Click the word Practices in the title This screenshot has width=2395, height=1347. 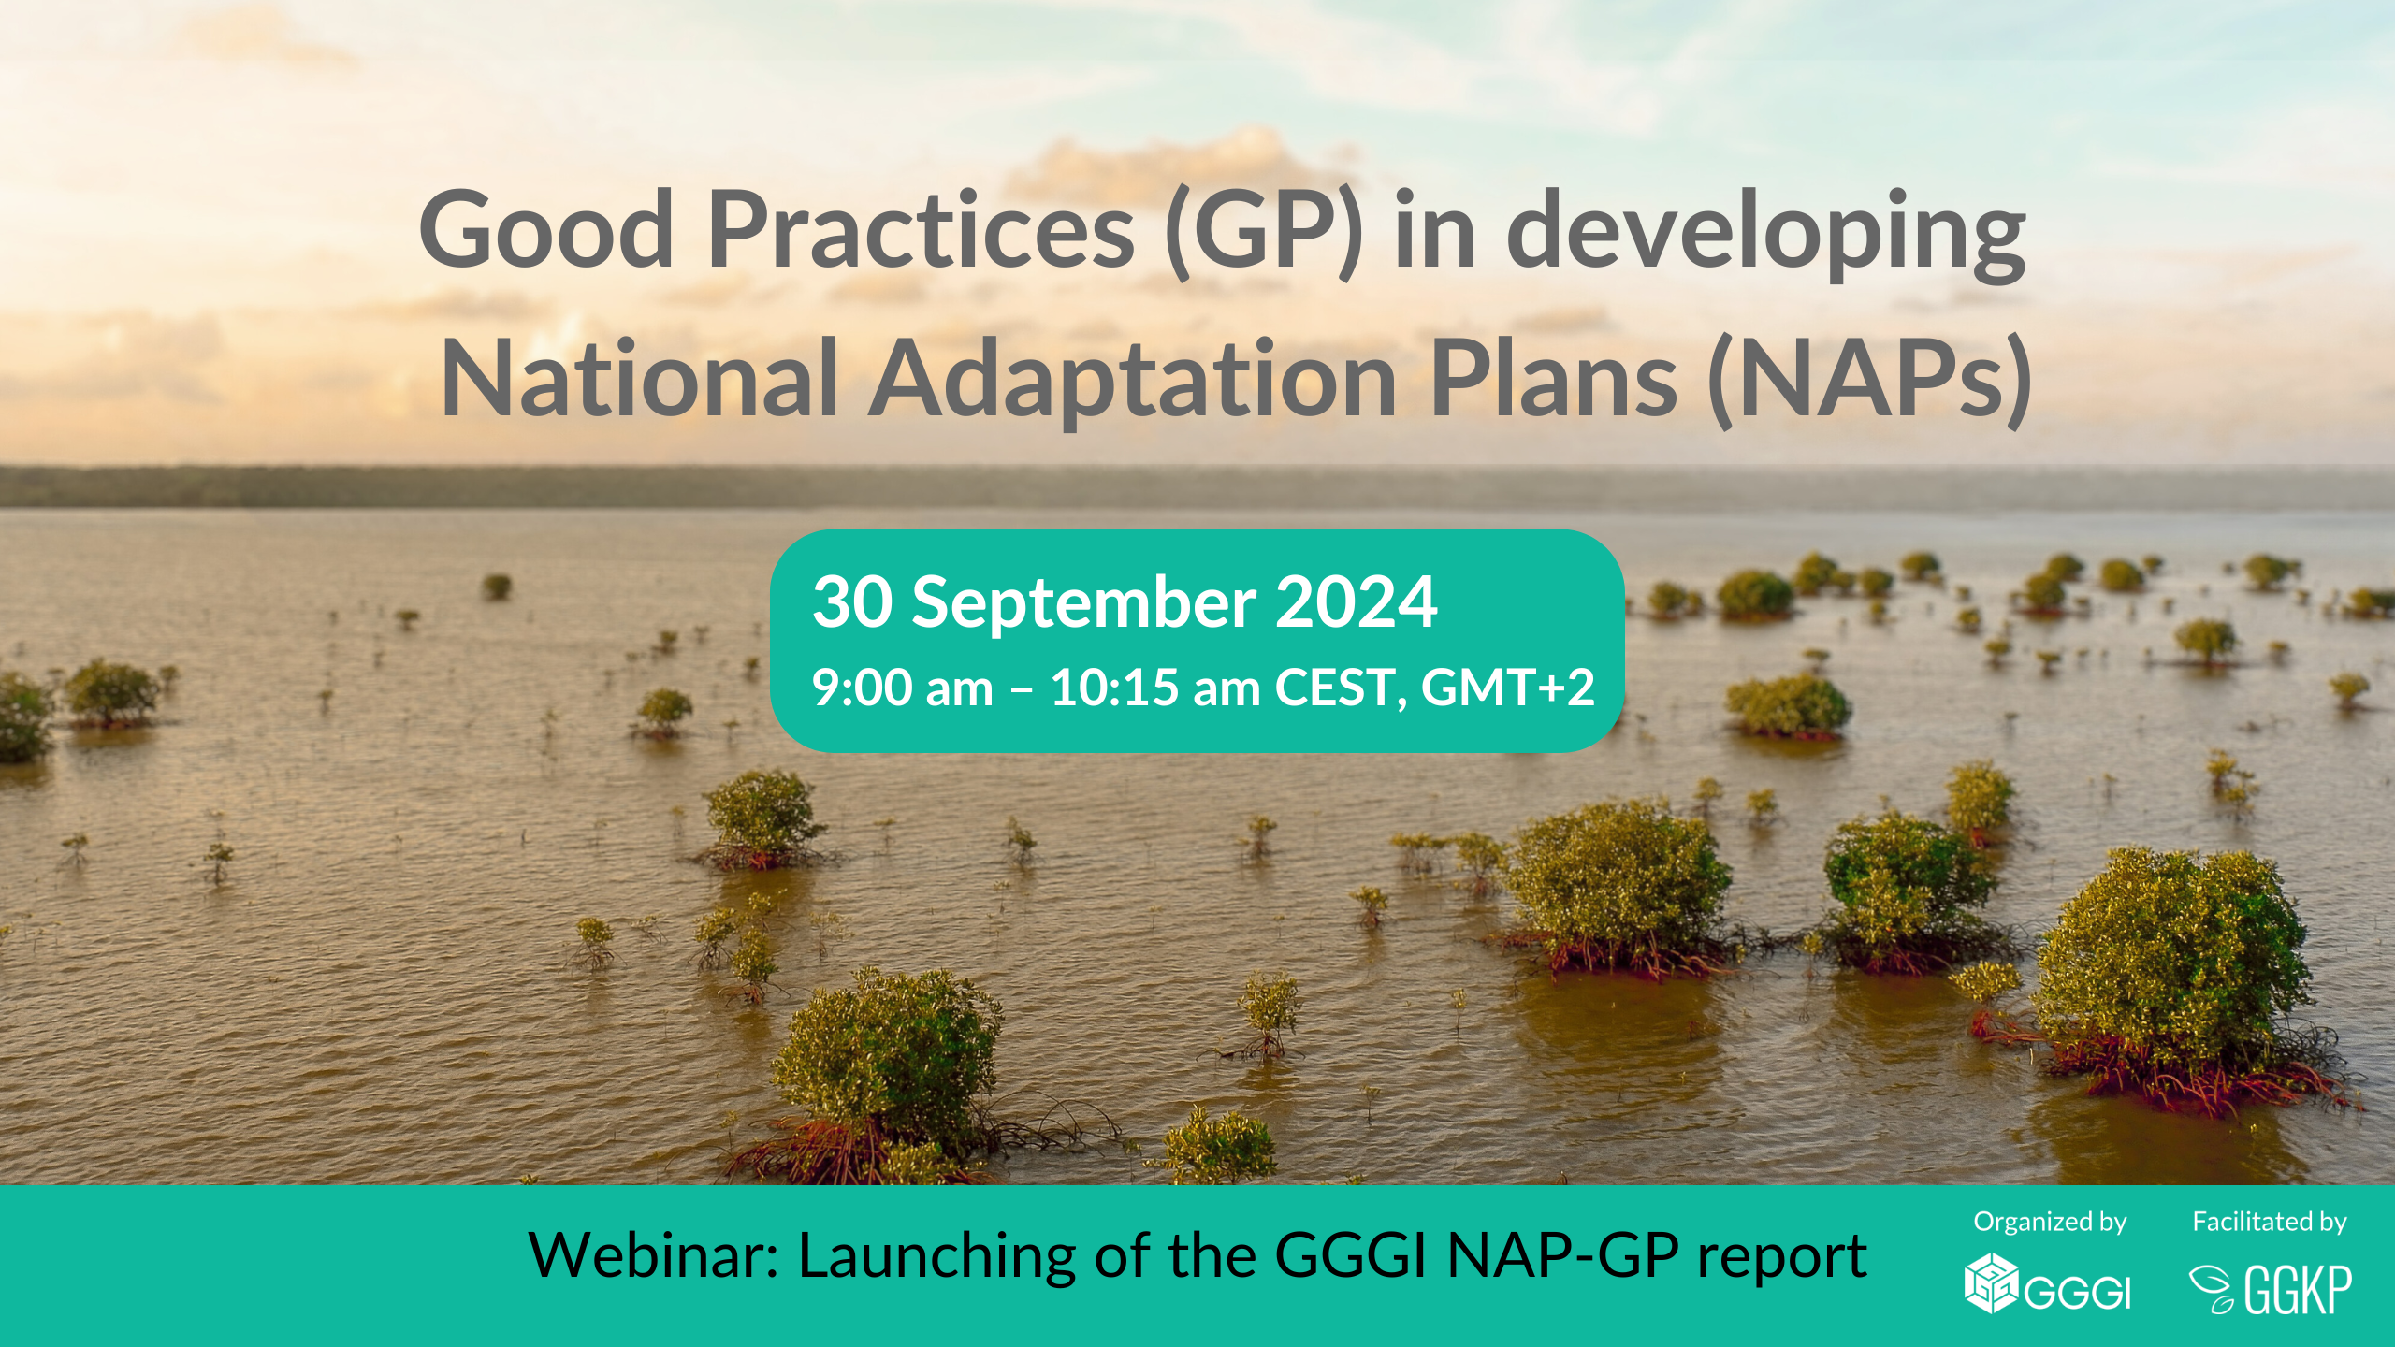(x=920, y=229)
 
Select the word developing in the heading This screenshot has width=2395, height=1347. (x=1766, y=234)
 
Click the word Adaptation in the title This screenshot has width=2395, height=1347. (x=1133, y=379)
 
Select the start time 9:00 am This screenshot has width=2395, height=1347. (x=902, y=688)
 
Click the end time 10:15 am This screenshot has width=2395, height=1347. (x=1155, y=688)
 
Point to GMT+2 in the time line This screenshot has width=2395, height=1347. (x=1507, y=688)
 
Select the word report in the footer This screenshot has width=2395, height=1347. (x=1782, y=1259)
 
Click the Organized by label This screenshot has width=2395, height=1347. (x=2050, y=1223)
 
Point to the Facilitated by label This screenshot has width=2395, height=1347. (x=2270, y=1223)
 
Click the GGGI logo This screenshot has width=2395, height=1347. (x=2047, y=1283)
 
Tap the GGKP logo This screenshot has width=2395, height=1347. (x=2271, y=1289)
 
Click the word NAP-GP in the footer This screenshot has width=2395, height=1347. (x=1562, y=1255)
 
